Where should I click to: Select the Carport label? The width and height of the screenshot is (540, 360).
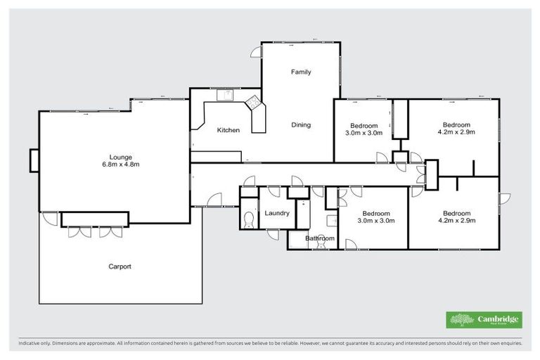pyautogui.click(x=120, y=266)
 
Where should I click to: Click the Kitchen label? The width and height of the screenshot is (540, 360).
pyautogui.click(x=228, y=130)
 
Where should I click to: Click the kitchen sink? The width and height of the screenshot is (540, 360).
pyautogui.click(x=227, y=95)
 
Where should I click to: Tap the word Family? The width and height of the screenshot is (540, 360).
pyautogui.click(x=301, y=72)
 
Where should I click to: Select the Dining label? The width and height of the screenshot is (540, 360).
pyautogui.click(x=301, y=125)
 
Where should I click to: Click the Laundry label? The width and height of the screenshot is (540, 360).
pyautogui.click(x=277, y=213)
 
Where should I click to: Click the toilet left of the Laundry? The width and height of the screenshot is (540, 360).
pyautogui.click(x=248, y=220)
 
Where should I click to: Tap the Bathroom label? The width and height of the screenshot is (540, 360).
pyautogui.click(x=319, y=238)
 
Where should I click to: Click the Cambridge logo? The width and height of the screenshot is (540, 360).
pyautogui.click(x=484, y=320)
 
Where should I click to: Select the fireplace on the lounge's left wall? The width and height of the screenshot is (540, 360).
pyautogui.click(x=34, y=160)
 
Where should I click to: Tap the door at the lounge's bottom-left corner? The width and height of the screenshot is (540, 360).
pyautogui.click(x=49, y=217)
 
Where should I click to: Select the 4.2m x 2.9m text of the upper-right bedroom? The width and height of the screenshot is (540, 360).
pyautogui.click(x=456, y=132)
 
